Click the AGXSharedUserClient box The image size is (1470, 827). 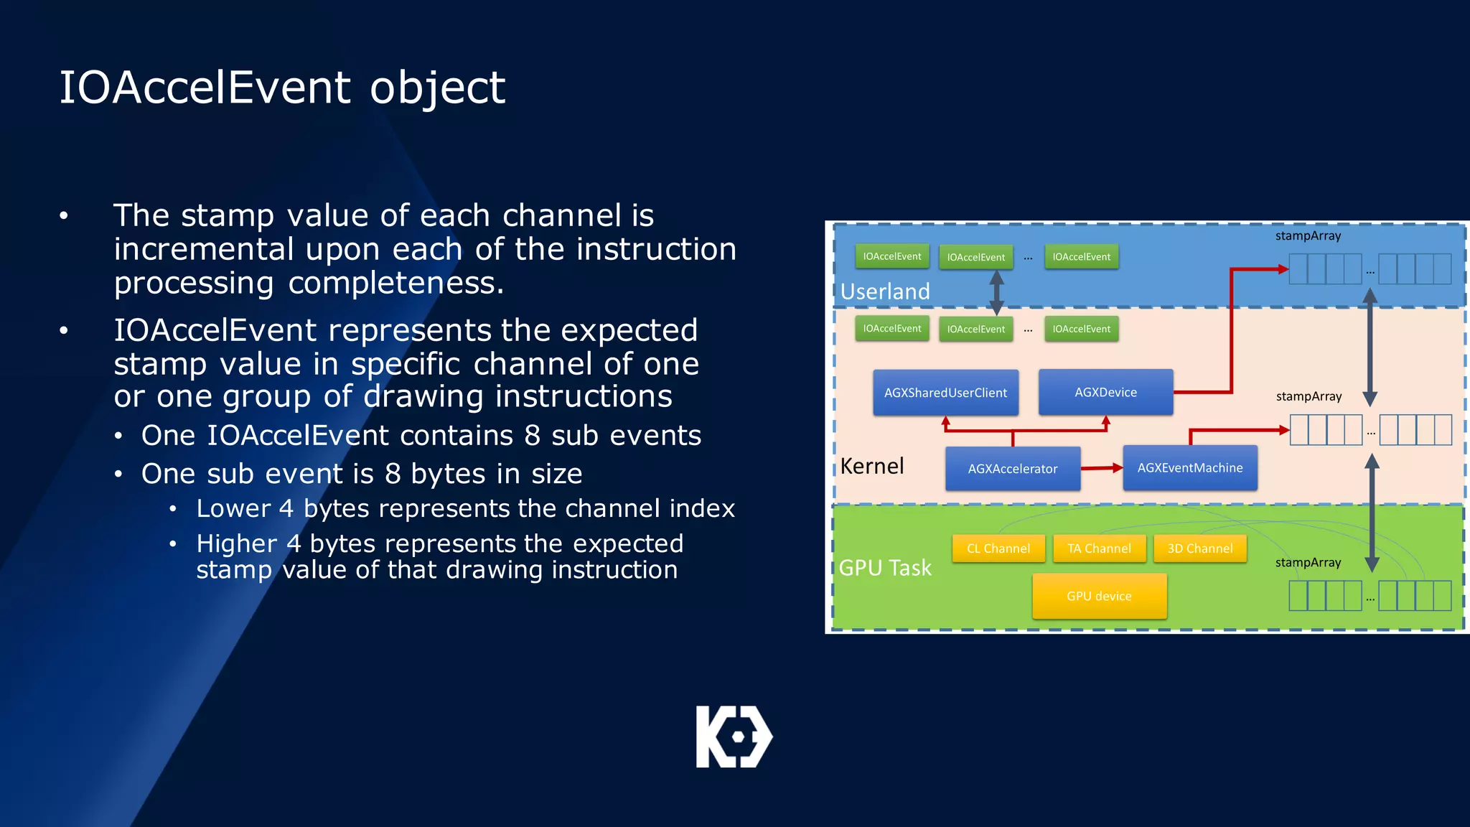point(945,393)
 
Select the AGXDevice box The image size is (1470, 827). point(1105,392)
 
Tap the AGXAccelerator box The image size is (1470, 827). point(1012,469)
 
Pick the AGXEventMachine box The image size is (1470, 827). point(1189,468)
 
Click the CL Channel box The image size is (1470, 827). point(998,548)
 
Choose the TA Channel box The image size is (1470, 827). point(1099,548)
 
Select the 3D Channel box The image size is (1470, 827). point(1199,548)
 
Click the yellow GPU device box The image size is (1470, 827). point(1099,596)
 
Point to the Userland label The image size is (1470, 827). point(885,291)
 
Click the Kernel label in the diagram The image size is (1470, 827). point(871,467)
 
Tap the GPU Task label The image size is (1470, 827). point(885,568)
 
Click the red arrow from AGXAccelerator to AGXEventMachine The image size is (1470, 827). point(1101,468)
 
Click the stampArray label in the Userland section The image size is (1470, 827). point(1308,236)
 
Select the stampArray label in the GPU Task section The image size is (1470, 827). point(1308,563)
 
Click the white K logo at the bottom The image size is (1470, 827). point(734,737)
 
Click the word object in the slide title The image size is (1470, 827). point(437,88)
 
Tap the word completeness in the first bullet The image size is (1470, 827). point(395,283)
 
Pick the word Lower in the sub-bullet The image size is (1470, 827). point(233,508)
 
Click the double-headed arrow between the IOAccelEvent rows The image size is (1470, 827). point(996,293)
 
